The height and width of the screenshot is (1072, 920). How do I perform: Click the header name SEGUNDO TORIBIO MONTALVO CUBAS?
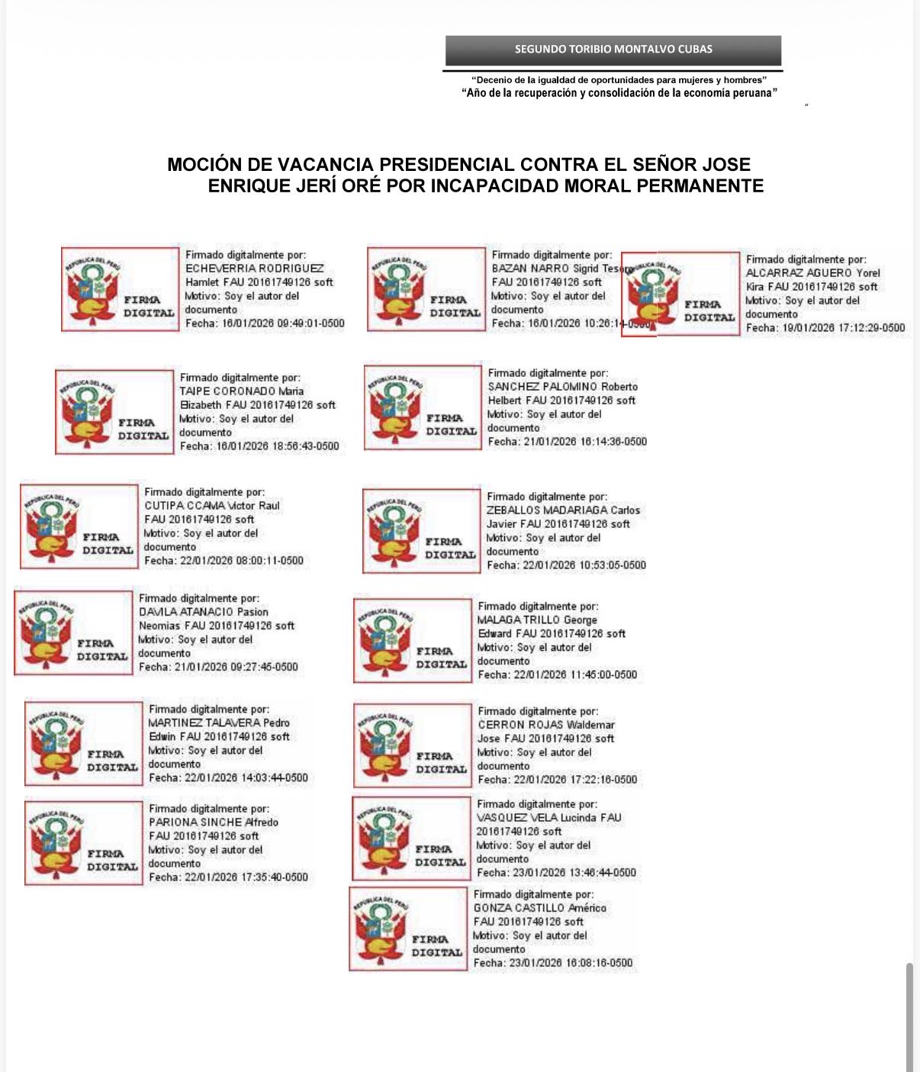pos(613,50)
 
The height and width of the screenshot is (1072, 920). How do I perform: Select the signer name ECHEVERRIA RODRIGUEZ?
pos(255,269)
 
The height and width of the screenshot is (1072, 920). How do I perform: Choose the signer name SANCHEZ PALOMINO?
pos(542,387)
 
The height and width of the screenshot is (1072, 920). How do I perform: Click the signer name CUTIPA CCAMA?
pos(185,506)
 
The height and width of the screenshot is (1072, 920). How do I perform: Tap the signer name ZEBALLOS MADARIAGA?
pos(547,510)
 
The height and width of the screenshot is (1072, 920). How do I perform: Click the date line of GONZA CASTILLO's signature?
pos(552,963)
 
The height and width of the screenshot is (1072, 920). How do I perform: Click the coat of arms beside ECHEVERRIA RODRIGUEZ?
pos(94,290)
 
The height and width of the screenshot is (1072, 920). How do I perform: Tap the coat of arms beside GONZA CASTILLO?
pos(381,929)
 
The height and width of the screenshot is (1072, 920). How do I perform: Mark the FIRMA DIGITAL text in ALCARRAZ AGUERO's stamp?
pos(709,311)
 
